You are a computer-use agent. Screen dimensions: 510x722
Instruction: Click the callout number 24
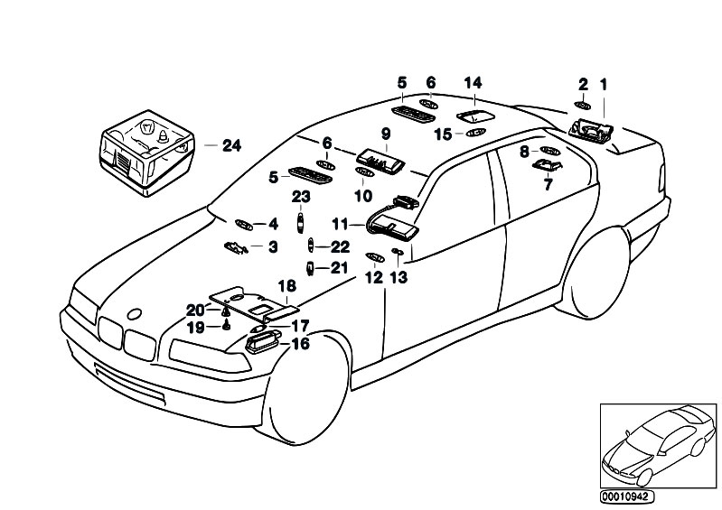click(231, 144)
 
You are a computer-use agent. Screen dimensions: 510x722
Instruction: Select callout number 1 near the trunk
click(604, 85)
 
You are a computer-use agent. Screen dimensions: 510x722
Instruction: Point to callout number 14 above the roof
click(473, 83)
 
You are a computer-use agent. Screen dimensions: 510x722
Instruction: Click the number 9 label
click(385, 134)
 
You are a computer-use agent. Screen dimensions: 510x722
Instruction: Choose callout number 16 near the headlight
click(299, 344)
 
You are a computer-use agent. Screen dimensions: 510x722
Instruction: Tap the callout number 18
click(286, 286)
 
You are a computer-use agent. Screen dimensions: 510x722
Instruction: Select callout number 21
click(339, 268)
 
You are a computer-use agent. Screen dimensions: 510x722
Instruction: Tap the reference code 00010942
click(630, 496)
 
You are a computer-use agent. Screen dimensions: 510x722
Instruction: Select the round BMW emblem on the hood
click(136, 314)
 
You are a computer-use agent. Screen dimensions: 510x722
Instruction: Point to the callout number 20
click(196, 310)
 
